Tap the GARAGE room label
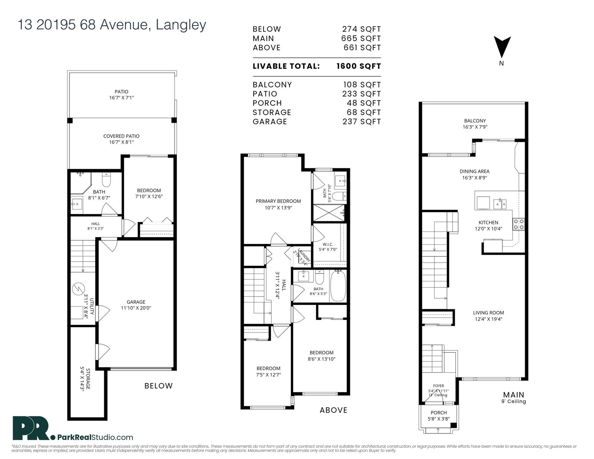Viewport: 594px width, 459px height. [136, 302]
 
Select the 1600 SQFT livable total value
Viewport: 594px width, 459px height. [358, 66]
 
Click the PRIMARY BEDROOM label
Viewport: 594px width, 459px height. [278, 201]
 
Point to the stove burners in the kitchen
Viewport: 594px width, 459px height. [519, 224]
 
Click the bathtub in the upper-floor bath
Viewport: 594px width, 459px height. [338, 286]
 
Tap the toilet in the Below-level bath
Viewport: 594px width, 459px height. [106, 180]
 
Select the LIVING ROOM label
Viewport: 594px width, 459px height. [489, 313]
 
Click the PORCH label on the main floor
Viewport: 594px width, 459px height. [439, 413]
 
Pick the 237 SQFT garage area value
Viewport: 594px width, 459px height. [362, 122]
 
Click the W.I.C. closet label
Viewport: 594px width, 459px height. [328, 244]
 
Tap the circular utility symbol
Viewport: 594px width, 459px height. [78, 289]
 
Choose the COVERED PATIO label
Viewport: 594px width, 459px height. [121, 136]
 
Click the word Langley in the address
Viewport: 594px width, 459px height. [181, 25]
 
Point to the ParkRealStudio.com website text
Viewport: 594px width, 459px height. [95, 437]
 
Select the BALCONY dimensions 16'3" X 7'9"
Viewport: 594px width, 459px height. [475, 127]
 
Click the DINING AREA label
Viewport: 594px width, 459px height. [474, 171]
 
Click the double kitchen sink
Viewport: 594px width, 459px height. [500, 204]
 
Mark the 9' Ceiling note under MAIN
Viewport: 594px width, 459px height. [514, 401]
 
